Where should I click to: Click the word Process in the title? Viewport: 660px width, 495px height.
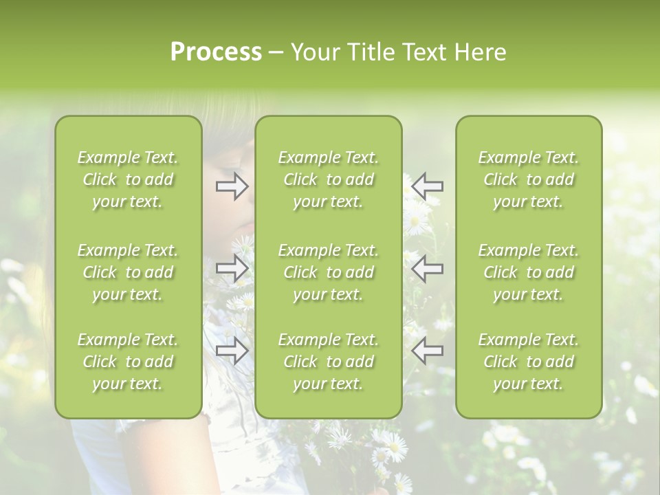216,52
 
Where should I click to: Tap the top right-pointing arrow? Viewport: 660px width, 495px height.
232,186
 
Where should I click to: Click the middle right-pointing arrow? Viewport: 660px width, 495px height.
232,268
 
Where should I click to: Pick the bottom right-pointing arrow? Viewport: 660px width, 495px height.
232,351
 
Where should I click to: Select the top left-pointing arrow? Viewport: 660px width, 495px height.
428,186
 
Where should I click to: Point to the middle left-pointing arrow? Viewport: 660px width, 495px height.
428,268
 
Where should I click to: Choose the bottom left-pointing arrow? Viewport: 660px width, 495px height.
428,351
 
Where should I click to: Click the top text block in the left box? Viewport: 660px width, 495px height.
128,179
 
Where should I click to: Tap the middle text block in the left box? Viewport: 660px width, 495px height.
128,272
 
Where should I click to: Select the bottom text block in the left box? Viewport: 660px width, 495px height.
128,362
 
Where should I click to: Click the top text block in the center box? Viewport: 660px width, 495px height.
329,179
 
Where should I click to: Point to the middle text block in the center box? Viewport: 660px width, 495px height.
329,272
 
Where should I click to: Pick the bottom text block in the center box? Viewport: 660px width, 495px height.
329,362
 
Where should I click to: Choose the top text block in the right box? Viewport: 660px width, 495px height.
529,179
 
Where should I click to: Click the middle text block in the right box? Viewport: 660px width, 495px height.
529,272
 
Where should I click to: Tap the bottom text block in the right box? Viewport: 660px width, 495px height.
529,362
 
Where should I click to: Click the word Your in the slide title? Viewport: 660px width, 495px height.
313,52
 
